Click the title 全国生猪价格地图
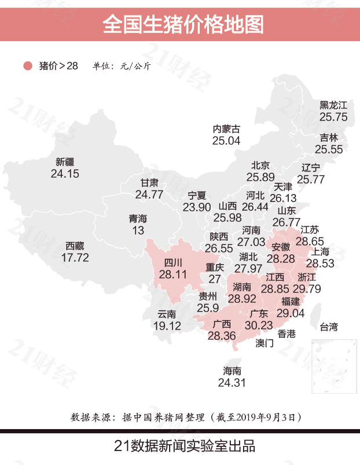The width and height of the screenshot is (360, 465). (180, 24)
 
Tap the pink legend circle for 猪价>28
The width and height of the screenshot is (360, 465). (27, 66)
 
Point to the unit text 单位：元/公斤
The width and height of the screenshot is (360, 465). (122, 66)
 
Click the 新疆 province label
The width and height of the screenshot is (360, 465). (65, 162)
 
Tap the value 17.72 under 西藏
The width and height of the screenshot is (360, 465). (75, 258)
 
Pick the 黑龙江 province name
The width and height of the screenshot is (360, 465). (333, 105)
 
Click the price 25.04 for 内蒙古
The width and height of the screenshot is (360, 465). (226, 140)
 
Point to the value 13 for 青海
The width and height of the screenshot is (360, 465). (138, 230)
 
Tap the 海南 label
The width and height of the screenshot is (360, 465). (232, 371)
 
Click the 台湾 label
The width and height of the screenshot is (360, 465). (328, 328)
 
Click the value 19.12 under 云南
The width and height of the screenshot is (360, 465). (167, 326)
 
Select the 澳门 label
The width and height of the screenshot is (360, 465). (265, 343)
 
